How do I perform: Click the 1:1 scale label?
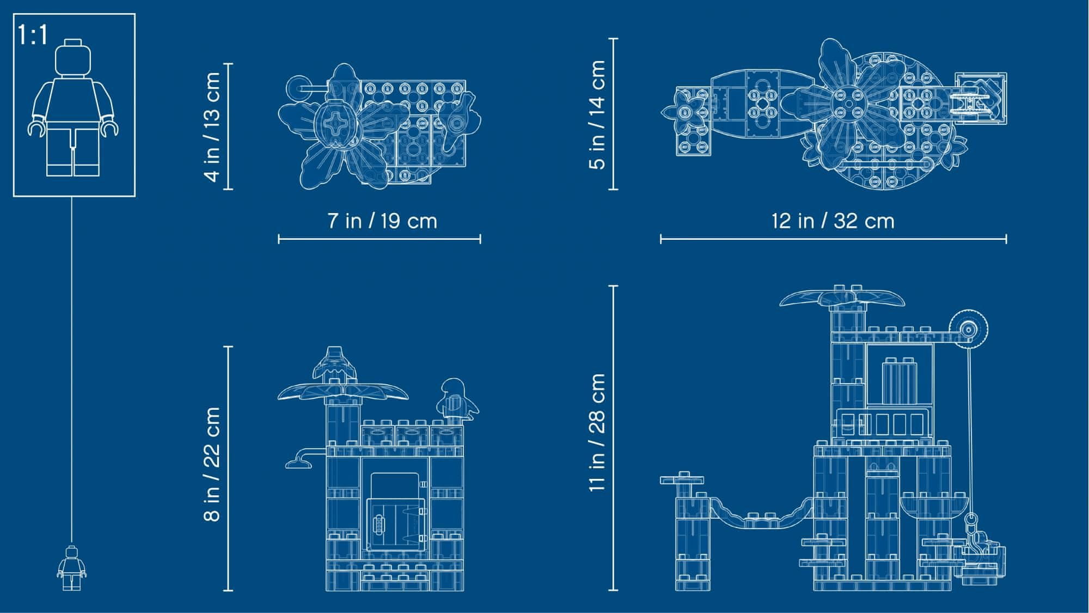click(x=33, y=35)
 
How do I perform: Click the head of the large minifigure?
click(x=73, y=57)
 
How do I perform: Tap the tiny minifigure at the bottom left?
click(x=72, y=568)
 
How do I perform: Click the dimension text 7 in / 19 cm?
click(x=382, y=221)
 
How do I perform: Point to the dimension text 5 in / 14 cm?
click(x=597, y=114)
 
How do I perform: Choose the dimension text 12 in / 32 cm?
click(x=833, y=221)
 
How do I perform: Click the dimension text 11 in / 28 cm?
click(x=597, y=432)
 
